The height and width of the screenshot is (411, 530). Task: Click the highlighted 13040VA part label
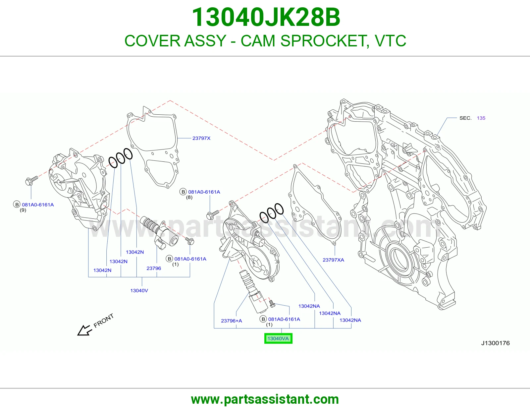[278, 338]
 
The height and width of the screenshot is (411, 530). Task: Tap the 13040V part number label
[139, 290]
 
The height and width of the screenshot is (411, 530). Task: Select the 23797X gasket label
[201, 138]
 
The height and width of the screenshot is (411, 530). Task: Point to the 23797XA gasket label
[333, 260]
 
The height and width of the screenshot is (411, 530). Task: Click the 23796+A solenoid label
[232, 321]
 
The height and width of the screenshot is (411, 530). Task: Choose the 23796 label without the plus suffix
[154, 268]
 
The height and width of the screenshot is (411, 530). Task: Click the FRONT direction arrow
[84, 330]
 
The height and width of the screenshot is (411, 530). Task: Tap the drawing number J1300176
[495, 343]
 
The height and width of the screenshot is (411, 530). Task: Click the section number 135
[481, 118]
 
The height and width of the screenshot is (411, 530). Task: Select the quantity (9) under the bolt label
[23, 210]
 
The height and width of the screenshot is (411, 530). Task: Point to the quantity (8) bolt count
[189, 198]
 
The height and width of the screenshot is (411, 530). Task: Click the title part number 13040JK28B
[266, 17]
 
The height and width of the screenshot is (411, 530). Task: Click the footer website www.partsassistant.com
[265, 399]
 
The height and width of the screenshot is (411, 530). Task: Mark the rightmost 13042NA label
[350, 320]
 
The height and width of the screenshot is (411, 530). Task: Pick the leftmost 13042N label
[102, 270]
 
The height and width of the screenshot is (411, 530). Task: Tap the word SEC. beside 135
[465, 118]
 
